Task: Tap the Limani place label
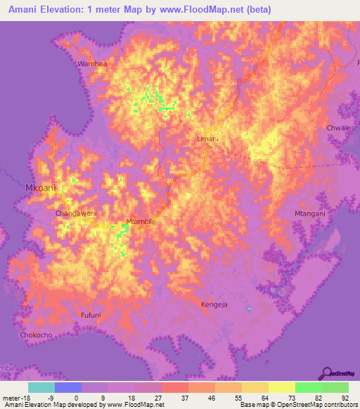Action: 207,138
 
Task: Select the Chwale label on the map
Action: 338,128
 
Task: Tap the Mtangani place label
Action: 309,213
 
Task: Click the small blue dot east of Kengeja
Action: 250,309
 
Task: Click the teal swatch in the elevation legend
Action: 41,387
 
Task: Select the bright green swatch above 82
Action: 308,387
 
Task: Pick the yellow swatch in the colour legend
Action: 281,387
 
